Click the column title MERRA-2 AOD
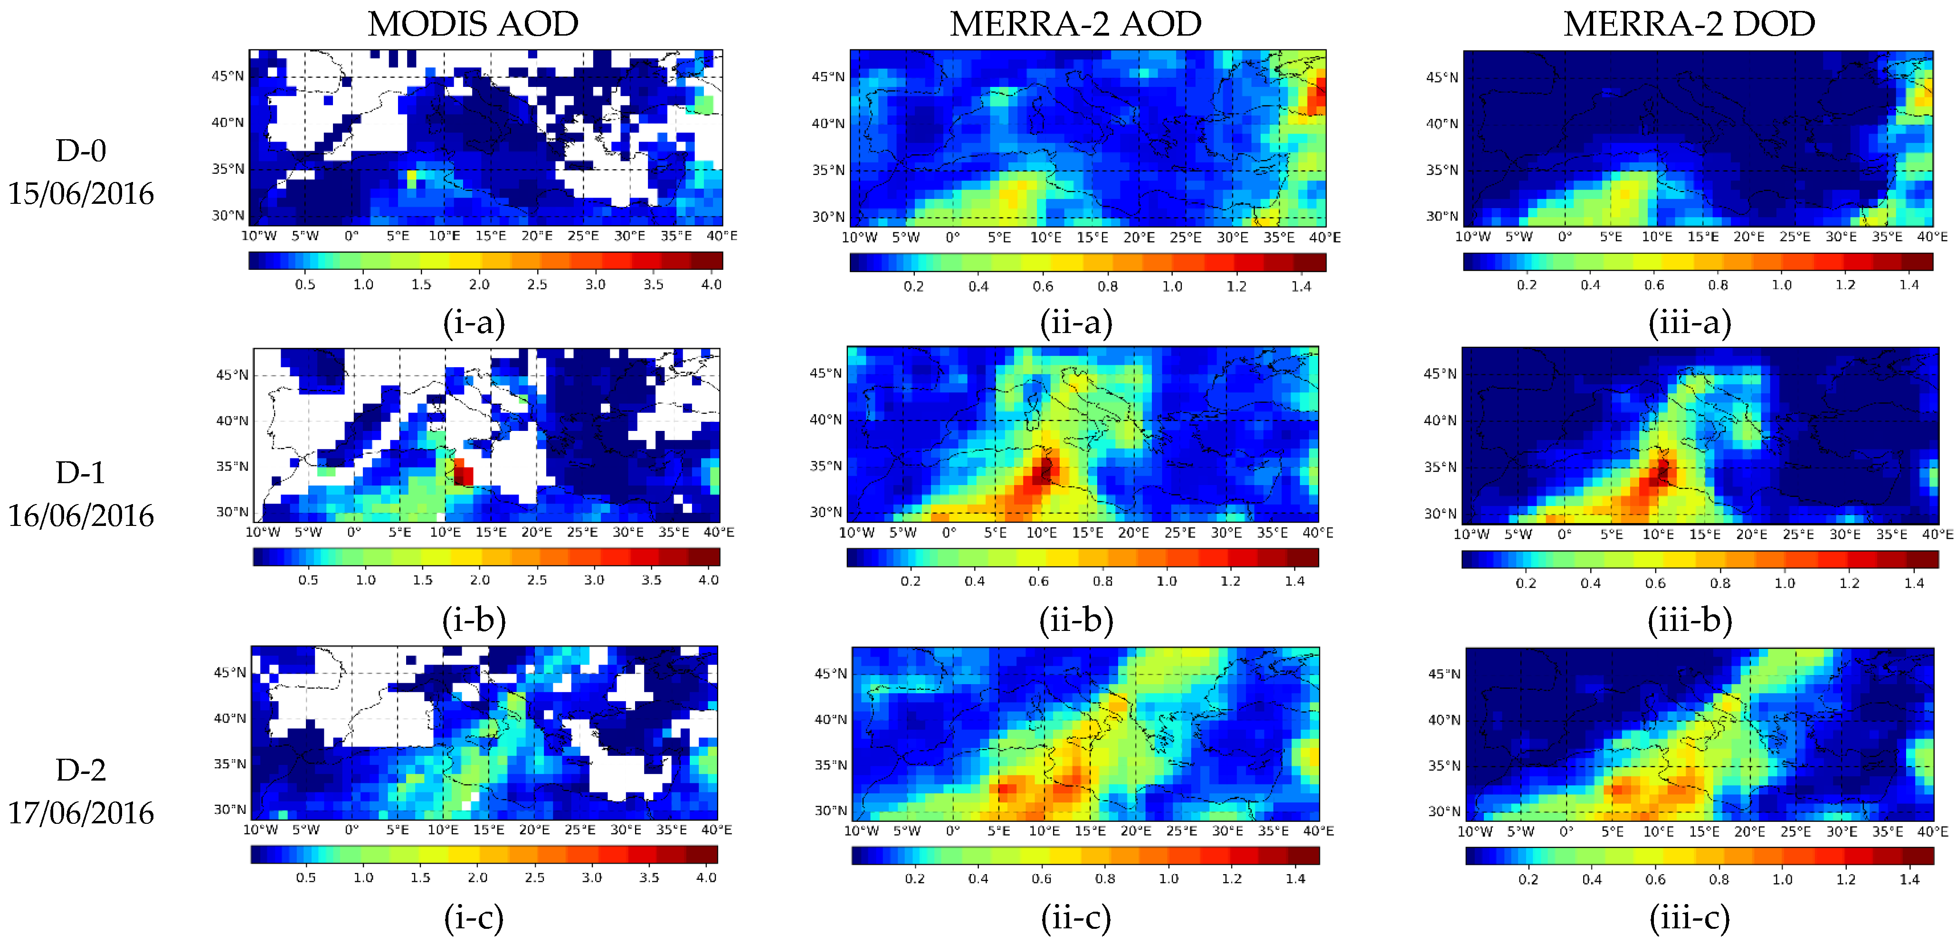click(1075, 24)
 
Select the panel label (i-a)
click(474, 323)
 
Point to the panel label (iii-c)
click(1690, 918)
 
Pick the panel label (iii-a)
click(1690, 323)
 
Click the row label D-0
click(80, 151)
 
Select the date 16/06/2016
click(80, 515)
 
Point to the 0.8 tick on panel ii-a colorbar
click(1107, 286)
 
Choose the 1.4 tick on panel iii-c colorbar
click(1909, 879)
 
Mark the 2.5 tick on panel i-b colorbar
click(537, 580)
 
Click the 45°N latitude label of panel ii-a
click(827, 76)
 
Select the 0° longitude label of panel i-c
click(351, 830)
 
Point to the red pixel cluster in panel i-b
click(463, 472)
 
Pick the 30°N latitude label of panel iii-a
click(1441, 217)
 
